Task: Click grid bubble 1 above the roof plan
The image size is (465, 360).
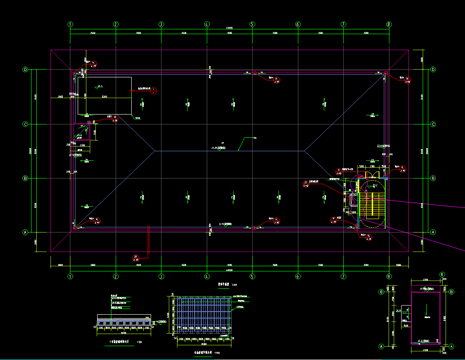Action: click(x=70, y=24)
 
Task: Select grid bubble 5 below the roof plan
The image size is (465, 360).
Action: click(x=253, y=276)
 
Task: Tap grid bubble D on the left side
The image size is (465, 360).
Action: click(x=25, y=69)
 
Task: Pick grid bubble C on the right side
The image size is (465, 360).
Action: click(x=433, y=124)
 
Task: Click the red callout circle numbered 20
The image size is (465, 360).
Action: click(x=136, y=258)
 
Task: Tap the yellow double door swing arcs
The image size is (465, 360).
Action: click(x=371, y=175)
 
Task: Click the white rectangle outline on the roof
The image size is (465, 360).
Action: click(x=105, y=96)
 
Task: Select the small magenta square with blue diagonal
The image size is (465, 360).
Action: click(x=82, y=132)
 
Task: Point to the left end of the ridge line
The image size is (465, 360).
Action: click(x=155, y=151)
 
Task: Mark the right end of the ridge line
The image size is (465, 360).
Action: click(x=304, y=151)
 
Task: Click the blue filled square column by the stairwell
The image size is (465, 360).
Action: click(x=386, y=178)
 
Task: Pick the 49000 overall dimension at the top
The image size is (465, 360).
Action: click(x=229, y=28)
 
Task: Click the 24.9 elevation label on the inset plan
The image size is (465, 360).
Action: click(x=399, y=310)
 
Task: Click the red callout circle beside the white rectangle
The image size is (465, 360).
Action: click(x=154, y=90)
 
